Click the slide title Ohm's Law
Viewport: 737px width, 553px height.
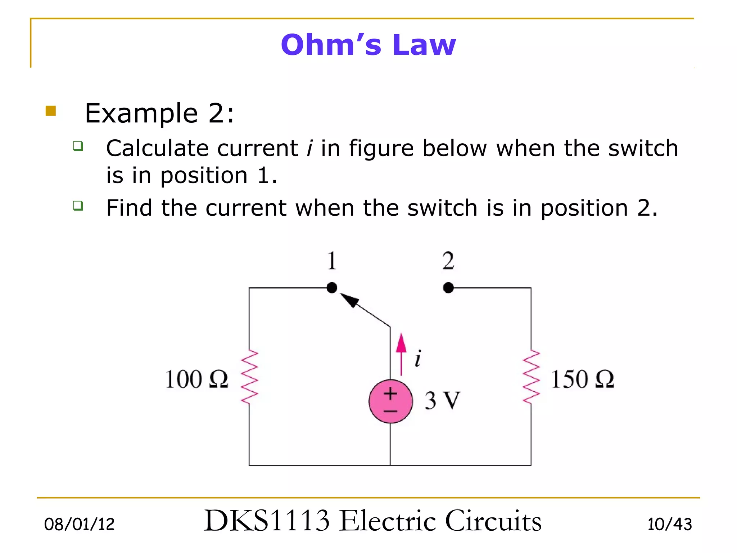tap(368, 45)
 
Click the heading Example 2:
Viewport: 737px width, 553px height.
tap(159, 113)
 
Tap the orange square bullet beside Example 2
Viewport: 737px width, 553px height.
tap(51, 111)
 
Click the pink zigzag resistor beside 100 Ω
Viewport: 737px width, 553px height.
tap(249, 377)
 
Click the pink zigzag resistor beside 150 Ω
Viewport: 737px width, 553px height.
tap(531, 377)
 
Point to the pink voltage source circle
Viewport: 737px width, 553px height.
tap(390, 401)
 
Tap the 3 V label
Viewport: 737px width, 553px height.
tap(442, 400)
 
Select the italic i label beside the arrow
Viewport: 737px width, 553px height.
tap(418, 358)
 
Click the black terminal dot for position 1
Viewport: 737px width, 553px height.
tap(332, 288)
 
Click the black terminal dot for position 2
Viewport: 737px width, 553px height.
tap(448, 288)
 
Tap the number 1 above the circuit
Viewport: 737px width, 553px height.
tap(332, 261)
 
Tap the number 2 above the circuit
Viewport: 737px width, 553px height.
tap(448, 261)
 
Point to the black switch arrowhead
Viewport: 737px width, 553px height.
tap(349, 300)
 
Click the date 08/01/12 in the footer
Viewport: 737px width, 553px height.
tap(79, 524)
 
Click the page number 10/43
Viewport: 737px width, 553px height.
tap(669, 524)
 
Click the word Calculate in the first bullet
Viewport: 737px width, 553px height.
tap(157, 148)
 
